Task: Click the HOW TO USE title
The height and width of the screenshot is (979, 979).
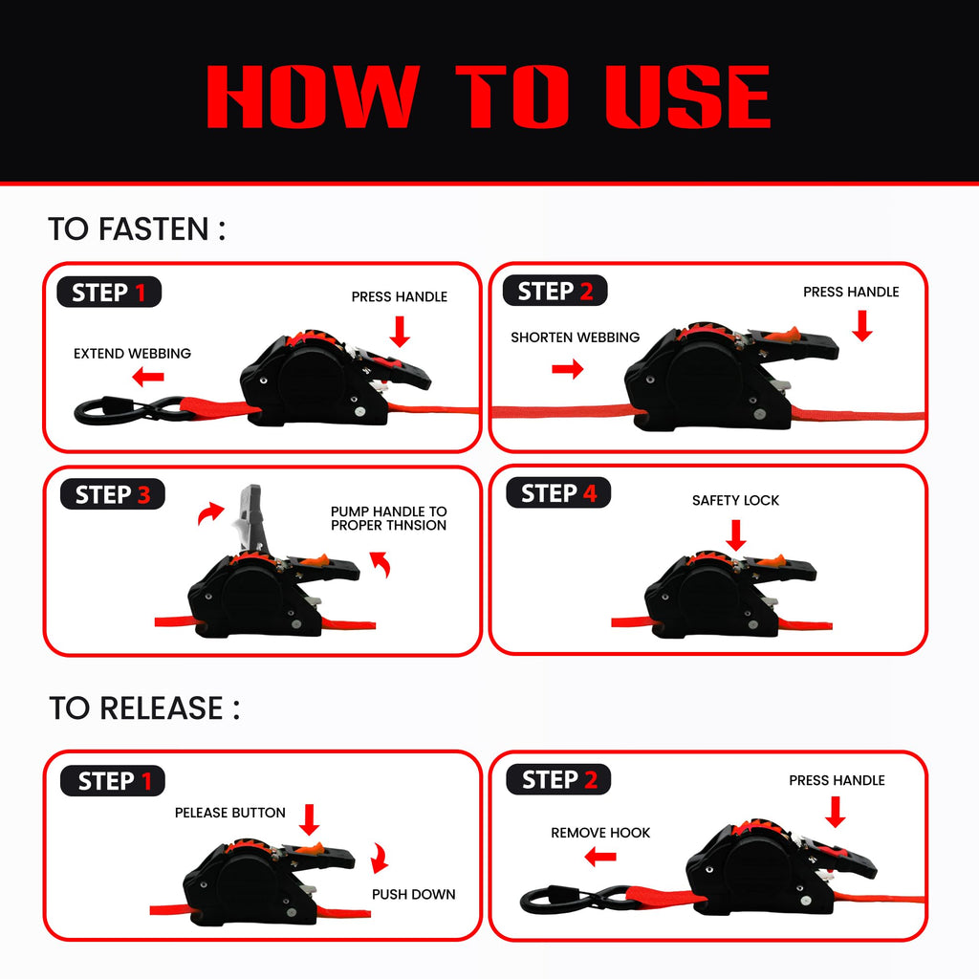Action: click(x=489, y=97)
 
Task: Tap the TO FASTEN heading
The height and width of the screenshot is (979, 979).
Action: click(x=137, y=228)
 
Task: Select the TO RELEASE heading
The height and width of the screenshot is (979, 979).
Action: click(x=144, y=708)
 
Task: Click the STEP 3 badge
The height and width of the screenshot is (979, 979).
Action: click(x=113, y=494)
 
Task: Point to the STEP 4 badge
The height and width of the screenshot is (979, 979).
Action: click(x=558, y=493)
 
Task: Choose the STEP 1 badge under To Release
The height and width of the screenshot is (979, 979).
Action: click(x=113, y=780)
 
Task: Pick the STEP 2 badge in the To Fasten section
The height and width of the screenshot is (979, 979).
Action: click(x=555, y=291)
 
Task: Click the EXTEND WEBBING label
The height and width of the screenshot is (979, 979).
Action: click(x=132, y=354)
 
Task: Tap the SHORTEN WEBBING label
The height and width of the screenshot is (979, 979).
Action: click(x=575, y=337)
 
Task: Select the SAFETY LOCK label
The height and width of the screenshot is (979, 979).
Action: click(x=735, y=500)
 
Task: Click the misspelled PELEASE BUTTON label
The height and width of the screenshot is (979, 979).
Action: click(x=229, y=813)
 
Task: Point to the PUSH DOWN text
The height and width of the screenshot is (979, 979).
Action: click(x=413, y=894)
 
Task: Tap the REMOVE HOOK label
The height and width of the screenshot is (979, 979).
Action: click(x=600, y=833)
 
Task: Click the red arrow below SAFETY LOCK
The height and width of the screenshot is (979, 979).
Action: click(x=736, y=535)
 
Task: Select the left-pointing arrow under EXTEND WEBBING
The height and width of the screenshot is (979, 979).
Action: click(x=148, y=377)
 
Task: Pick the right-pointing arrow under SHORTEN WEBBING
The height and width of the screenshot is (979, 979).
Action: click(x=568, y=369)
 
